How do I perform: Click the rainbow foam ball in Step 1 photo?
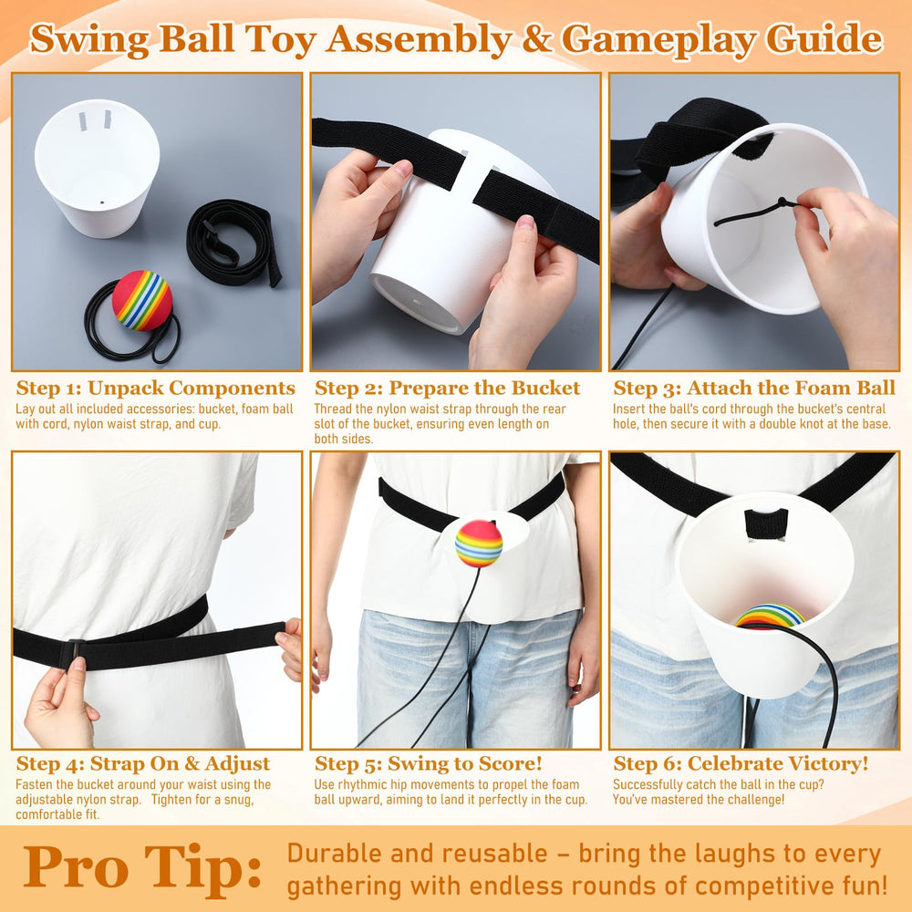tap(142, 300)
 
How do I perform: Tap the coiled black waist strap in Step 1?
tap(233, 243)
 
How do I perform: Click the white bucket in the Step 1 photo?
tap(98, 168)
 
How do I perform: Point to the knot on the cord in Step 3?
tap(782, 202)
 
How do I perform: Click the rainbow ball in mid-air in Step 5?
tap(479, 544)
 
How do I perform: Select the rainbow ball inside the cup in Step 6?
tap(770, 617)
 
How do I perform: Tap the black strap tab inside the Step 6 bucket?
tap(766, 523)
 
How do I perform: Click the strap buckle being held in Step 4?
tap(74, 653)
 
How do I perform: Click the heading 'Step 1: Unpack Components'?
tap(156, 388)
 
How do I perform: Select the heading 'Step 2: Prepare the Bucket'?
tap(447, 388)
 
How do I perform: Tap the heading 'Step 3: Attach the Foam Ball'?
tap(754, 388)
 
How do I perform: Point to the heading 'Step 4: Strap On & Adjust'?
tap(143, 763)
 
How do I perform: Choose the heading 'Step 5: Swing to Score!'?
tap(428, 763)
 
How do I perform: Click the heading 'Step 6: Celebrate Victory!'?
tap(741, 763)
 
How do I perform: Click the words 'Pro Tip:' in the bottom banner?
tap(142, 869)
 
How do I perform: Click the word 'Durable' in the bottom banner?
tap(335, 854)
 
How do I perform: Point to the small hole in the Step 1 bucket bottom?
tap(103, 203)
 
